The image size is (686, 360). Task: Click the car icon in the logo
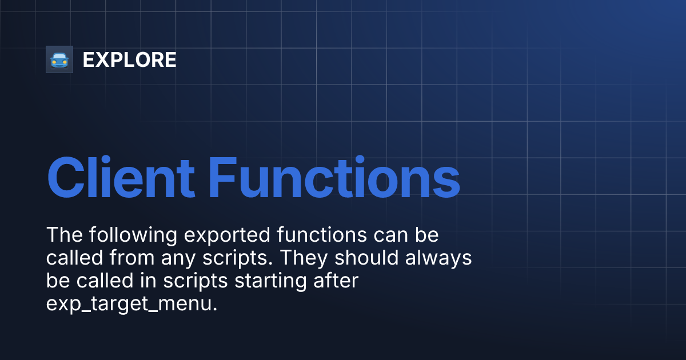59,59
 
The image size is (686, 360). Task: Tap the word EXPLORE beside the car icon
129,60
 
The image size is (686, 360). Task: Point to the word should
366,258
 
